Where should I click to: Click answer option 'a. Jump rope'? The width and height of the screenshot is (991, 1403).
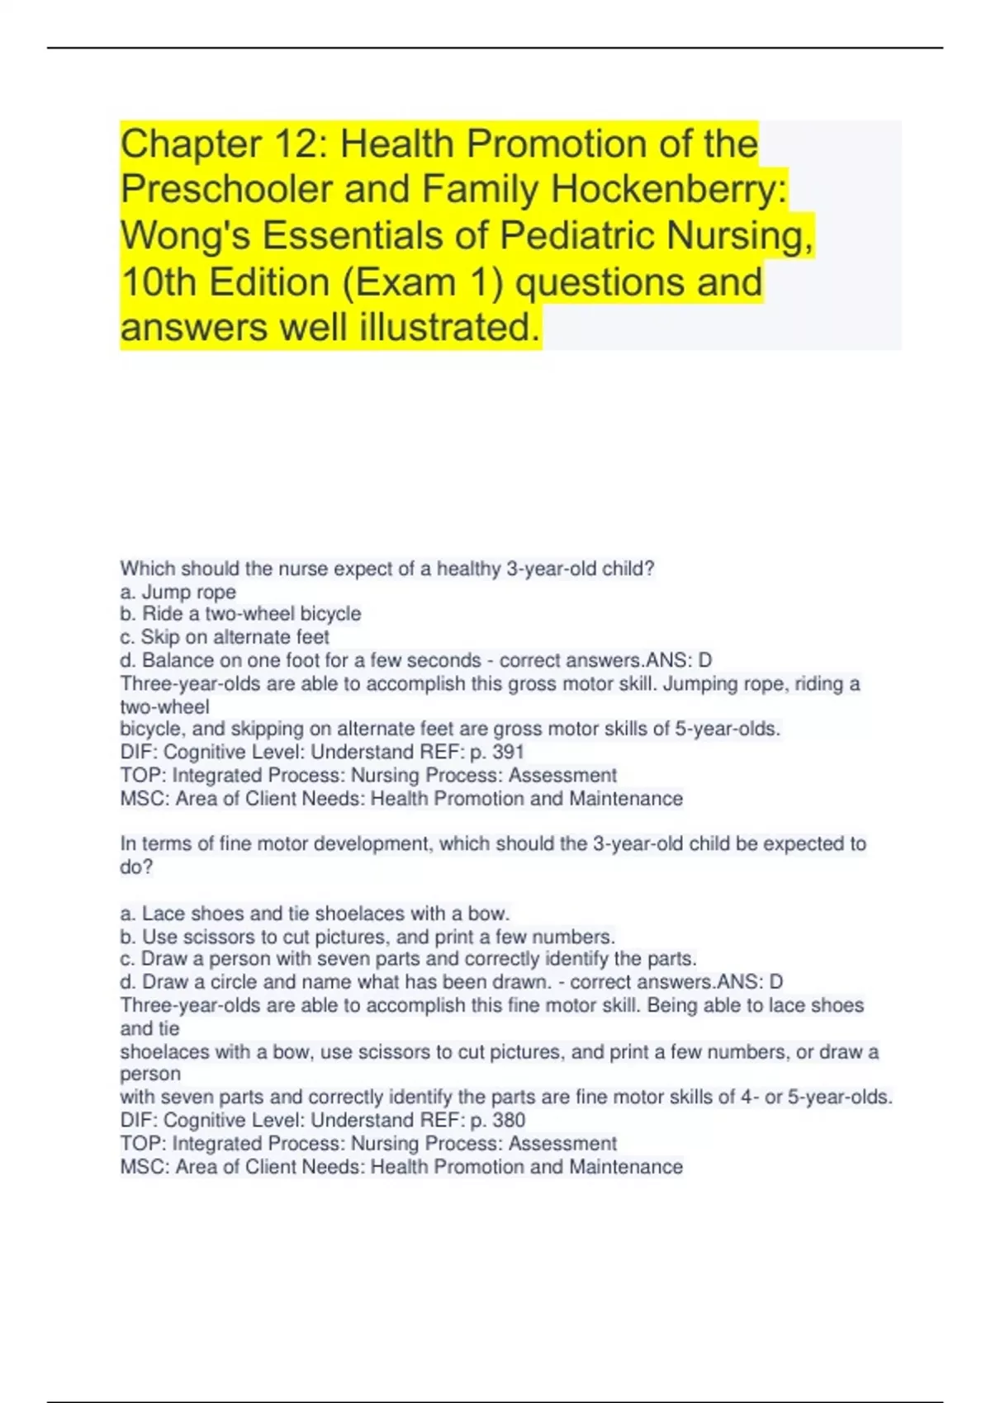point(178,592)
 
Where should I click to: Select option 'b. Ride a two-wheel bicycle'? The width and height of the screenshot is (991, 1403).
point(240,614)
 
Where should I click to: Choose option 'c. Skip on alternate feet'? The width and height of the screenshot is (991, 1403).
point(224,637)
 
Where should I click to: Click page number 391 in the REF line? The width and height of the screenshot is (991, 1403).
point(508,752)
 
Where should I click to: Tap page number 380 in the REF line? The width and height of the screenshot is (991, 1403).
point(508,1120)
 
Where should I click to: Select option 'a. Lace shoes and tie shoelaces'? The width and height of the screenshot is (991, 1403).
point(315,914)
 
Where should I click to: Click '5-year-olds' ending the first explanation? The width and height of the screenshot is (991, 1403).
point(727,729)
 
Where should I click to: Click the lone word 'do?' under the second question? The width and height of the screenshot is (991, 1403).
point(136,867)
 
